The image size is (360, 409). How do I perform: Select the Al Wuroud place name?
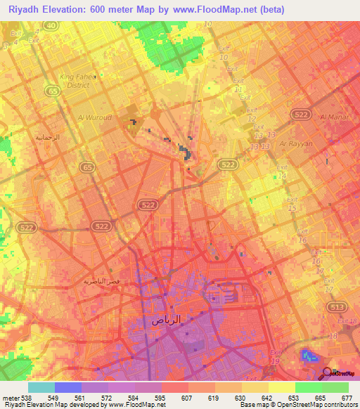(x=95, y=117)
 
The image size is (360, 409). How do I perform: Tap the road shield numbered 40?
(x=49, y=25)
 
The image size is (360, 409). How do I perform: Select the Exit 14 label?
(x=283, y=171)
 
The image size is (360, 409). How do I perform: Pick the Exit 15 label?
(x=292, y=204)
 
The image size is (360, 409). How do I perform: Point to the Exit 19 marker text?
(x=276, y=356)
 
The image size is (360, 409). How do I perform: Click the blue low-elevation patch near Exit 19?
(x=308, y=355)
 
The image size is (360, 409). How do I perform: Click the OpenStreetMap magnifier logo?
(x=326, y=373)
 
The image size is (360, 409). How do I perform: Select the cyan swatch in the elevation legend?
(x=41, y=387)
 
